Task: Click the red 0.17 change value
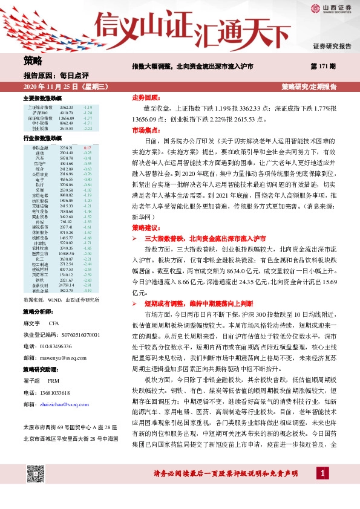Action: pos(87,148)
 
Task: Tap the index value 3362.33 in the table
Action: pos(67,107)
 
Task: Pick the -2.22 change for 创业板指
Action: pos(87,129)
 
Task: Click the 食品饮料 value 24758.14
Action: pos(67,285)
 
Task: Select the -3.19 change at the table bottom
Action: pos(87,290)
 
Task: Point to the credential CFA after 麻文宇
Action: pos(54,323)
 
